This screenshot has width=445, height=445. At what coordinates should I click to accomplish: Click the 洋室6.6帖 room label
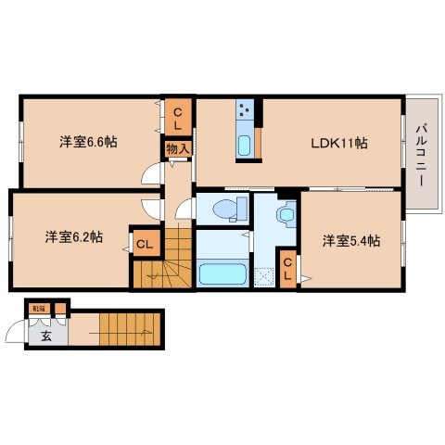click(88, 142)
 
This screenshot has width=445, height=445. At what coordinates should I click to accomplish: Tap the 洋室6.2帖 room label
click(74, 236)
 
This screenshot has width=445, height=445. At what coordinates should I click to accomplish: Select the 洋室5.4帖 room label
click(351, 241)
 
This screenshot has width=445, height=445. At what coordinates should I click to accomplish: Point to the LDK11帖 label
click(338, 144)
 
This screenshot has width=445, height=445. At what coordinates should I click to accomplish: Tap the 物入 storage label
click(177, 147)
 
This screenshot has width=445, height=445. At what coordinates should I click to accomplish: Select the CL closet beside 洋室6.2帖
click(145, 244)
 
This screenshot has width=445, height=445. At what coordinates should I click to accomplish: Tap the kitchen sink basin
click(245, 145)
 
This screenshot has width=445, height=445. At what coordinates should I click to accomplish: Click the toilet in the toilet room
click(223, 210)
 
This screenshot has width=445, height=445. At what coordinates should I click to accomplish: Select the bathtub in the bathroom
click(221, 274)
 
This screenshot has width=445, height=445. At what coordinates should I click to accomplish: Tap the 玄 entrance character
click(44, 336)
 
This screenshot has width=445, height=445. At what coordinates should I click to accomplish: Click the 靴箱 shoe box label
click(38, 308)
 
